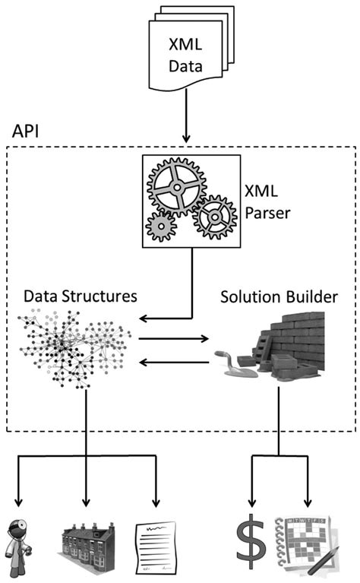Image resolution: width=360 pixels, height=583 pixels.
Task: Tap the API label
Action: pos(27,130)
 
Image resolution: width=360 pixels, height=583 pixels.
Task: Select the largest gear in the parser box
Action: pos(175,186)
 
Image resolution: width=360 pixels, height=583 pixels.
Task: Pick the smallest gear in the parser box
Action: pos(160,225)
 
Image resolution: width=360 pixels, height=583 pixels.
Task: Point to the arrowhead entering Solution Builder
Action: pos(204,337)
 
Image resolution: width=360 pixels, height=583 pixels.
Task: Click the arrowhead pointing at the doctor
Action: pos(16,503)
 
